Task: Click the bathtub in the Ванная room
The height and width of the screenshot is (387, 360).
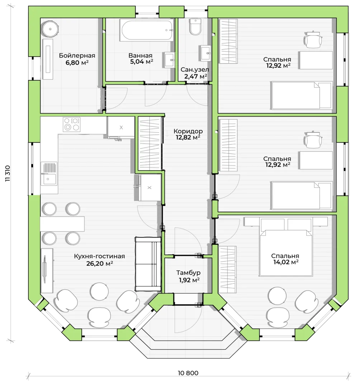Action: pos(146,30)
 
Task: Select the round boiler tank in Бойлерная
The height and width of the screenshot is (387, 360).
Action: pos(50,29)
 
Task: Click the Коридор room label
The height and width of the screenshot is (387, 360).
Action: pos(188,131)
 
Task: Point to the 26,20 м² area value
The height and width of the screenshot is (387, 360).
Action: pos(100,263)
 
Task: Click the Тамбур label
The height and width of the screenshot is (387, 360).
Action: pos(188,273)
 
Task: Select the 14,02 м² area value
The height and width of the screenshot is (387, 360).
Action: pos(286,262)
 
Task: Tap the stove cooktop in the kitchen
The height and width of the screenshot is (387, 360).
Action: pos(72,124)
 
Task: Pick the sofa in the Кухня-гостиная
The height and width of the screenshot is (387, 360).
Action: pos(148,264)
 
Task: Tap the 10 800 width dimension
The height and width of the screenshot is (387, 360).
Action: pos(188,373)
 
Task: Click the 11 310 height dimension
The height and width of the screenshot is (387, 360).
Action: pos(8,173)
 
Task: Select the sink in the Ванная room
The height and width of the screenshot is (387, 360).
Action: pos(169,59)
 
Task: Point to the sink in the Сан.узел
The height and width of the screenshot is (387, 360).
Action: pos(205,53)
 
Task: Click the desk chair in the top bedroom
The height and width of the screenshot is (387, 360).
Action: pos(313,39)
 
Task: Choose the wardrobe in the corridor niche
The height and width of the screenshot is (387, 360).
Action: pos(150,143)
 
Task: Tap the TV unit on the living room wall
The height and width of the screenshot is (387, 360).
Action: pos(47,270)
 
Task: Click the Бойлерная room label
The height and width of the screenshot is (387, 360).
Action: pos(77,56)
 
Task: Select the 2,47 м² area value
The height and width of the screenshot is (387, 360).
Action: pos(195,76)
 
